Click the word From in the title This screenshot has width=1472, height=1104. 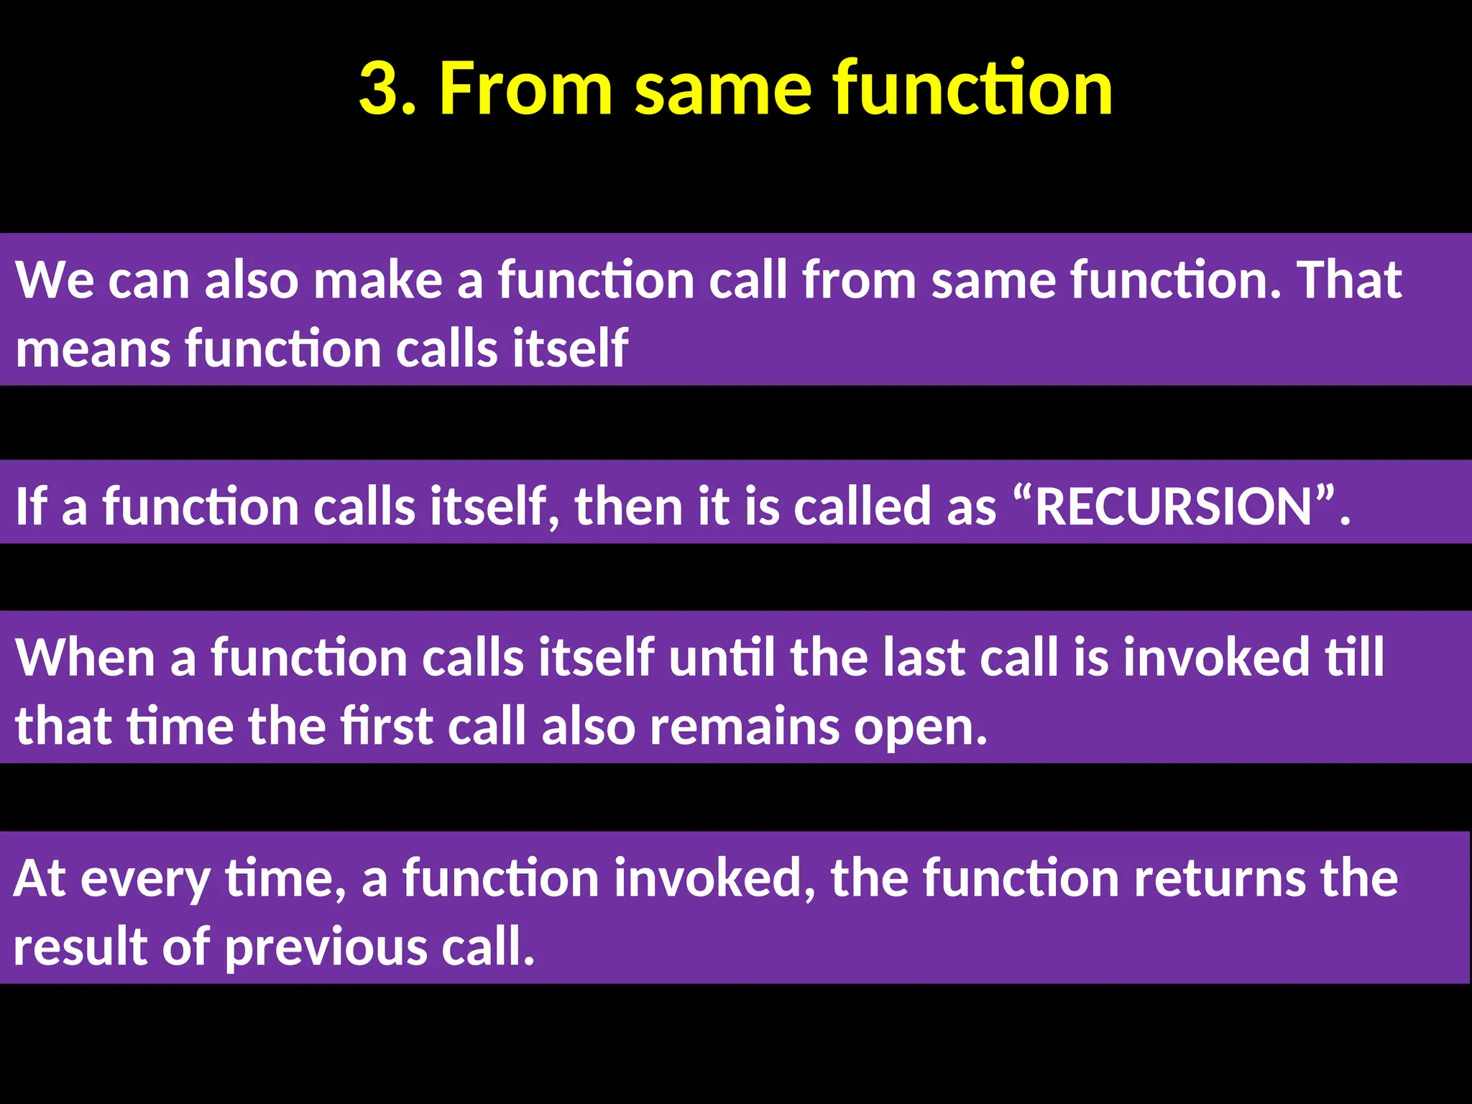[525, 88]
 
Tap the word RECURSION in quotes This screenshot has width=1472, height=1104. [1174, 507]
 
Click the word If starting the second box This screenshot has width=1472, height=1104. [30, 507]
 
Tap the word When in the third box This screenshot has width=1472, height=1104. [85, 658]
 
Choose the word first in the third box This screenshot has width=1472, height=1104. [386, 727]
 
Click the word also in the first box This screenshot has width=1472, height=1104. [251, 280]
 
